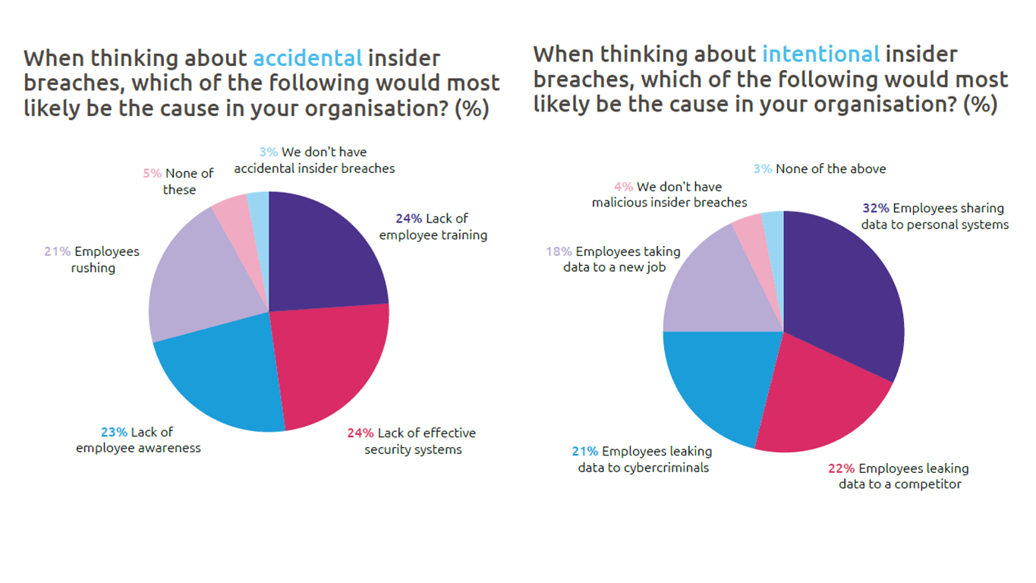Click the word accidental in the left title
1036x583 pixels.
coord(307,58)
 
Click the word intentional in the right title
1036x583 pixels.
coord(820,55)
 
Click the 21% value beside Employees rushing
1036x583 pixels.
coord(58,252)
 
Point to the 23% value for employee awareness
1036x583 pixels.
coord(114,432)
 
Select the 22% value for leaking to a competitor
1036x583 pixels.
coord(842,468)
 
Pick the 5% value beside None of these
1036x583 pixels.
coord(152,174)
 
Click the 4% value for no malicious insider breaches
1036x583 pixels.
coord(623,187)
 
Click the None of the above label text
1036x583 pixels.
coord(830,169)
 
